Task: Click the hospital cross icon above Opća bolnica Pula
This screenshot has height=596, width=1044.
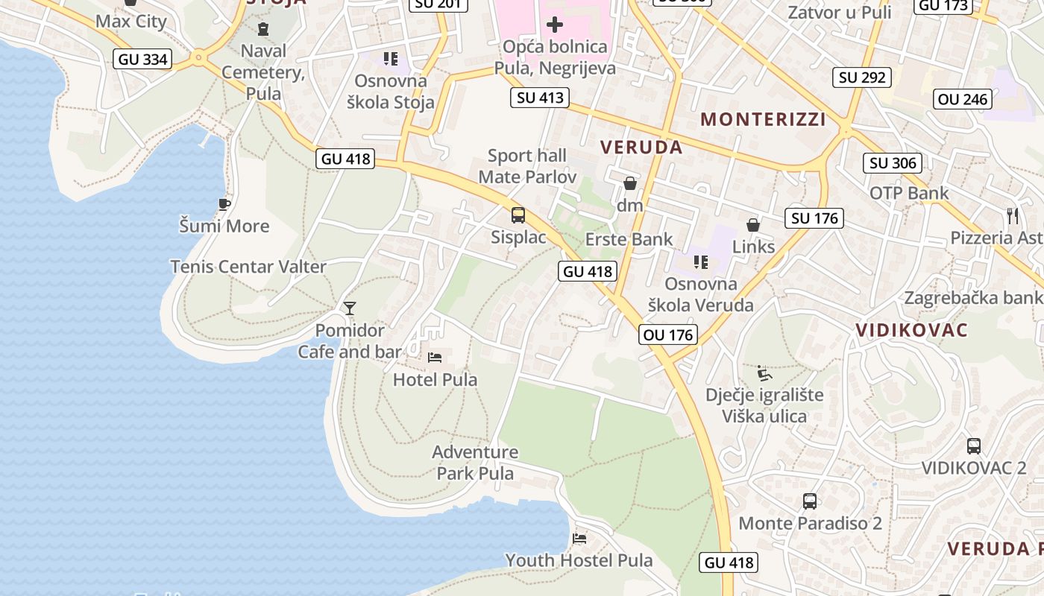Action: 554,25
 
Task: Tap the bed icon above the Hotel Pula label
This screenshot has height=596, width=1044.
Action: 435,358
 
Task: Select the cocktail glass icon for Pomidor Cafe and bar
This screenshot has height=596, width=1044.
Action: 349,308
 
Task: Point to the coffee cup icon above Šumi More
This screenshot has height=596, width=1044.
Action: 224,203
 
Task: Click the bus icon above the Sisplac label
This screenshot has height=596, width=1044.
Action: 518,215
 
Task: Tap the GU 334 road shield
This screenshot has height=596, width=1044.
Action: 142,60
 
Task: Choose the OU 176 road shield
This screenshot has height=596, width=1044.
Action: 668,335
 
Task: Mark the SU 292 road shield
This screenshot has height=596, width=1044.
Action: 862,77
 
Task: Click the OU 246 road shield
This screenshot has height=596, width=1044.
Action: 963,99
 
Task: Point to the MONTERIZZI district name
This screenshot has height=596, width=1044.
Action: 763,119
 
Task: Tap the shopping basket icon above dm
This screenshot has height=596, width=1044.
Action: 630,183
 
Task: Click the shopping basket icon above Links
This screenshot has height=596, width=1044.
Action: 753,224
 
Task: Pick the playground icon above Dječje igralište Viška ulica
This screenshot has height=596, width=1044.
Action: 764,372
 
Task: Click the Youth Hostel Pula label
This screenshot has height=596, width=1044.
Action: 579,560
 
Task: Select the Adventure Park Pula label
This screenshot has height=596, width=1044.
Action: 475,463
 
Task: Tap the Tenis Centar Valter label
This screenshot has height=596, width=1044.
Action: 248,267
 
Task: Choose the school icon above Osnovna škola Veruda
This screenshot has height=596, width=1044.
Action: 700,261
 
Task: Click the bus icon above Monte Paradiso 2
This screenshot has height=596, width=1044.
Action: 810,501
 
